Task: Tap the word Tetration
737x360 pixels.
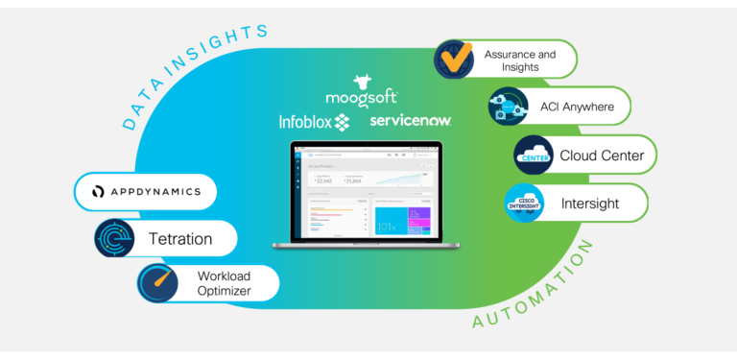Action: point(180,238)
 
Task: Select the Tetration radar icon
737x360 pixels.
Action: point(115,238)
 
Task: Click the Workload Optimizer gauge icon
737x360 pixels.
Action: point(157,282)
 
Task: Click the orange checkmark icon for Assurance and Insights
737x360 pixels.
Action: point(454,60)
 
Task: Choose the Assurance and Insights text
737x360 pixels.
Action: point(519,60)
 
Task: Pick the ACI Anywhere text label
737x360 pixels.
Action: point(576,107)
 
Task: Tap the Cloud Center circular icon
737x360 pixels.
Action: point(535,155)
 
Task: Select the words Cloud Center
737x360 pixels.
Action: point(602,155)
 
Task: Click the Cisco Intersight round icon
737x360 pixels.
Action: point(525,203)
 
